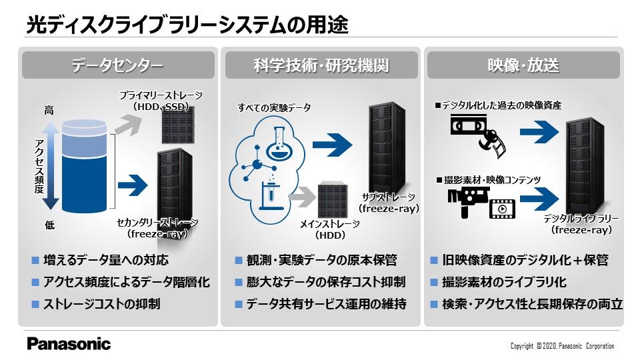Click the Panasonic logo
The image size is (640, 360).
(69, 344)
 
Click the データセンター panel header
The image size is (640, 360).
(118, 65)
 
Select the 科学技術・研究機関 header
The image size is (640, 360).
(321, 65)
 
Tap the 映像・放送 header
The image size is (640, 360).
(523, 65)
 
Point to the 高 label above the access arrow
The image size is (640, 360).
(49, 110)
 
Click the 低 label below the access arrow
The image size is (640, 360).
(49, 225)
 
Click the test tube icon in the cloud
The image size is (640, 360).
(271, 196)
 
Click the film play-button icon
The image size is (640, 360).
(502, 209)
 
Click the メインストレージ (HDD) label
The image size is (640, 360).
(330, 229)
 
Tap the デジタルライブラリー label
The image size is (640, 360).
(581, 219)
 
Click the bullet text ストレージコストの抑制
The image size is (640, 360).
(101, 304)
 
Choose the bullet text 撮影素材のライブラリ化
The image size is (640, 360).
(504, 282)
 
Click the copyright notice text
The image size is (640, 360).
(563, 346)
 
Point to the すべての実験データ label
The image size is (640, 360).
(274, 108)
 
